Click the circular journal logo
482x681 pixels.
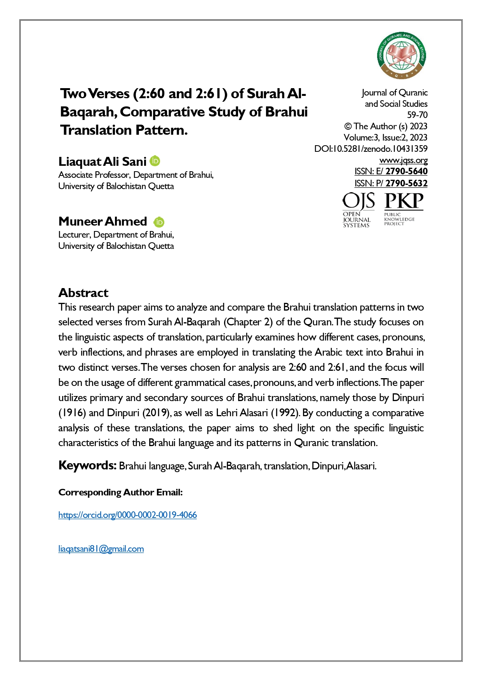click(x=402, y=56)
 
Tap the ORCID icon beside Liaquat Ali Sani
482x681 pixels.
click(x=155, y=161)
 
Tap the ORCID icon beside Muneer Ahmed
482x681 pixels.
click(x=159, y=222)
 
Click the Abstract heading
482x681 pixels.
click(x=83, y=293)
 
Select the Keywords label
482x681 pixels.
click(x=87, y=465)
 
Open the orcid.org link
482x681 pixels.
click(x=127, y=515)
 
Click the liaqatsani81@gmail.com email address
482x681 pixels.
click(x=101, y=549)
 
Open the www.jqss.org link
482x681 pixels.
click(x=403, y=160)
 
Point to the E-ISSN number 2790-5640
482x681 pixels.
click(x=406, y=171)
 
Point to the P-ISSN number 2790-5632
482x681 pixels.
click(x=406, y=183)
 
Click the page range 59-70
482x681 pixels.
click(x=417, y=115)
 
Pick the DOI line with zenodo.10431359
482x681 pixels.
click(x=371, y=149)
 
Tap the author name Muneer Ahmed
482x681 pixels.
click(x=103, y=221)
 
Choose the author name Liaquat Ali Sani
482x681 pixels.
click(x=102, y=162)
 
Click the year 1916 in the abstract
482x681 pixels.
click(x=72, y=413)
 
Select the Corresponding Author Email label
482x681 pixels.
click(x=120, y=492)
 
